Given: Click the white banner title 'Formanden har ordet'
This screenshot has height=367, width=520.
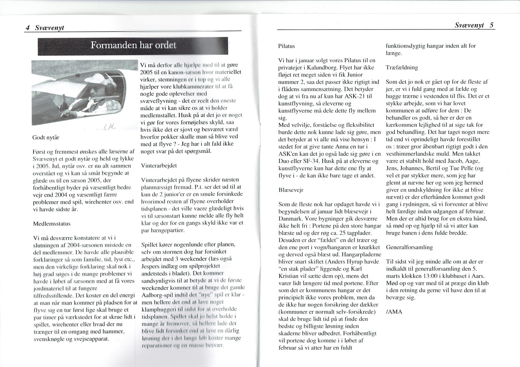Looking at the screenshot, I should [133, 46].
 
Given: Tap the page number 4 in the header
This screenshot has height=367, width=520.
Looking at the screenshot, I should [27, 28].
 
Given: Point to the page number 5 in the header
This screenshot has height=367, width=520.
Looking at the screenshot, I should [491, 25].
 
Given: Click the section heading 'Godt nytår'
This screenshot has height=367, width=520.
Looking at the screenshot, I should [46, 138].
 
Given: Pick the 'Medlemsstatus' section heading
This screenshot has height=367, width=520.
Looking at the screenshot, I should [52, 224].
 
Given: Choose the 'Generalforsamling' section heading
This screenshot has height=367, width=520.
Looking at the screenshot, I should [409, 247].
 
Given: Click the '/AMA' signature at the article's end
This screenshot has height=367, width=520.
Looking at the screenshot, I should [394, 312].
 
